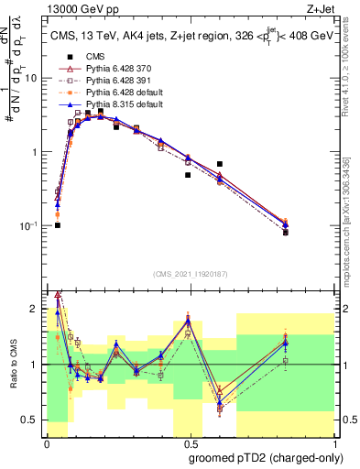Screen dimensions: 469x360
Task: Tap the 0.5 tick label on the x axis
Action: click(188, 443)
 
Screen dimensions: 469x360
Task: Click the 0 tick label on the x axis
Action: click(47, 443)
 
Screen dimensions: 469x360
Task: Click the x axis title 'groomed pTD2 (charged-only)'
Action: click(267, 457)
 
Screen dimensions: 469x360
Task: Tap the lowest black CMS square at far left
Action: click(57, 225)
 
